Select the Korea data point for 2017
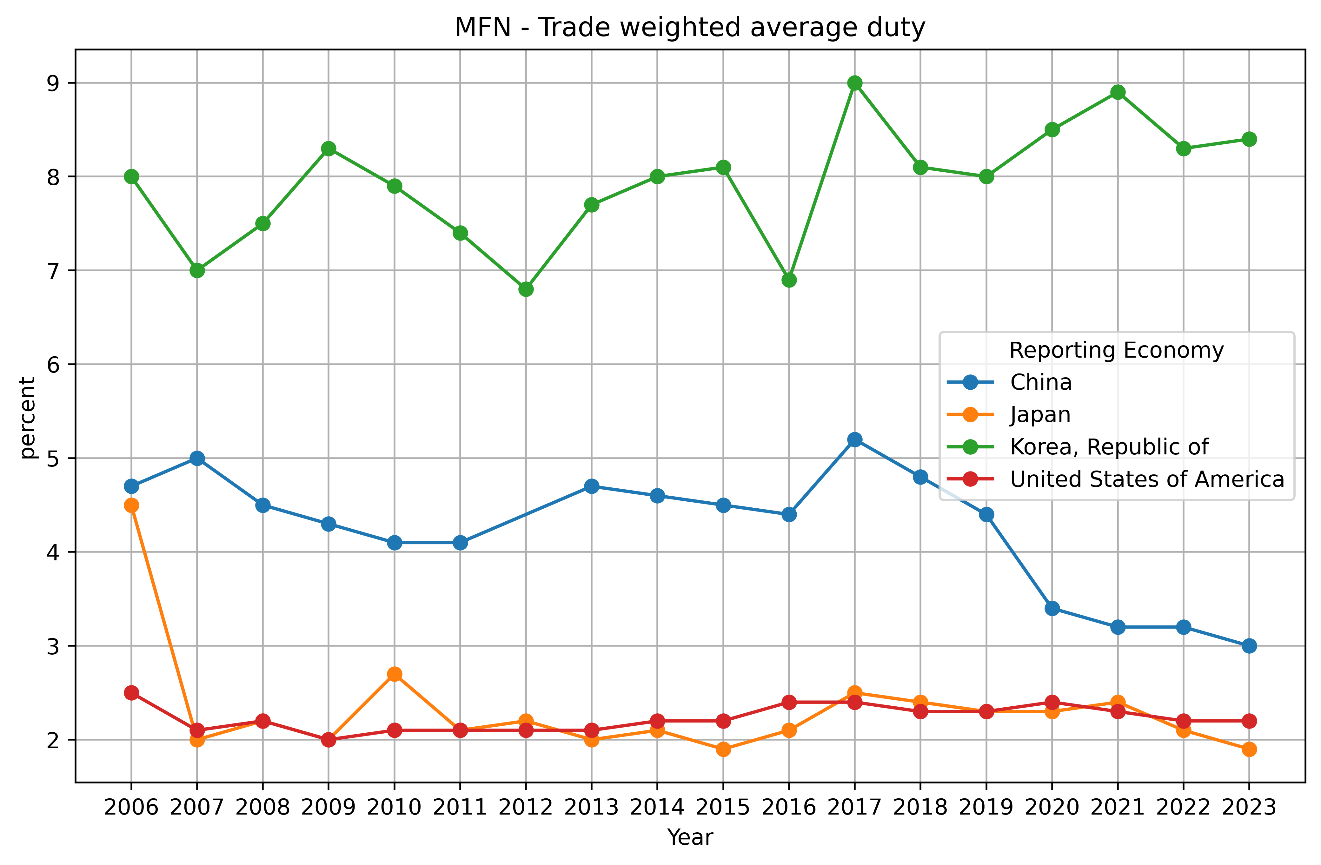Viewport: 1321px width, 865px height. click(855, 83)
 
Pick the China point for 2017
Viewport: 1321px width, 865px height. click(855, 439)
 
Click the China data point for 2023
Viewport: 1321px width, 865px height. click(1249, 646)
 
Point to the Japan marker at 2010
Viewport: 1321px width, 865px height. click(395, 674)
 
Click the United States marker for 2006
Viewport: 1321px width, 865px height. click(131, 693)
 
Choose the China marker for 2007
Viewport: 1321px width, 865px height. click(197, 458)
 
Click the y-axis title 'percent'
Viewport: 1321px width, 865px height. click(28, 418)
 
